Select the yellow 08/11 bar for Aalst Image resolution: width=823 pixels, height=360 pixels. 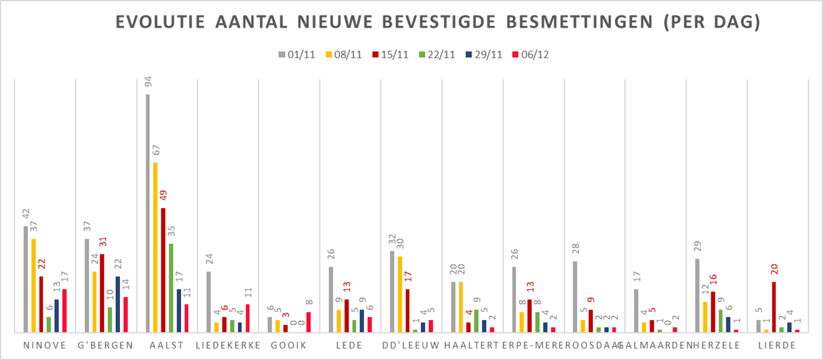coord(155,247)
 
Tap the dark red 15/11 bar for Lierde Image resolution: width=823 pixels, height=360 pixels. coord(774,307)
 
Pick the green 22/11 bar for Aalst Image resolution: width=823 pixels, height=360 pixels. coord(171,288)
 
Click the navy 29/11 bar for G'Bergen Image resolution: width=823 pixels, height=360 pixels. coord(118,304)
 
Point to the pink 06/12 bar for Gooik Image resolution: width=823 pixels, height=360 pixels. coord(309,322)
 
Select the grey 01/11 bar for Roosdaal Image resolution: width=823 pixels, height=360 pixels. coord(575,296)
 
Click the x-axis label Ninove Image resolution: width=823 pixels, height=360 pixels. coord(45,345)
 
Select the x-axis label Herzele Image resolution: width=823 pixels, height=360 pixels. coord(716,345)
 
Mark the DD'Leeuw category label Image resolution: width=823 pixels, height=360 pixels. coord(411,345)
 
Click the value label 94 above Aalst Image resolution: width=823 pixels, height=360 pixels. coord(148,82)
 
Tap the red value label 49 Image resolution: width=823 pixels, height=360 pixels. coord(163,196)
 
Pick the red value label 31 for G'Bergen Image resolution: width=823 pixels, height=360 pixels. coord(102,242)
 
